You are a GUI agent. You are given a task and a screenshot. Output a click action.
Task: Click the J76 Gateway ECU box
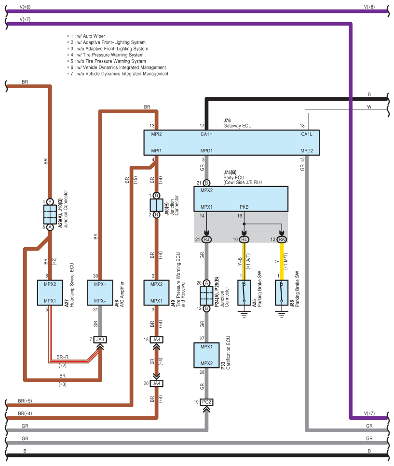pos(231,142)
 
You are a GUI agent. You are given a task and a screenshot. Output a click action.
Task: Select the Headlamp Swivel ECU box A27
pos(50,292)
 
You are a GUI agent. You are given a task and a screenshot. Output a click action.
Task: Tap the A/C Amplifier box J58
pos(100,292)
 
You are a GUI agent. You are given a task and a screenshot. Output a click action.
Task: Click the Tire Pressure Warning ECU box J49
pos(156,292)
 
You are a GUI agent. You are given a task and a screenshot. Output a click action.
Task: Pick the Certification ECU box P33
pos(206,355)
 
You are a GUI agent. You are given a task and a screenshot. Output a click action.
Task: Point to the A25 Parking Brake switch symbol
pos(245,292)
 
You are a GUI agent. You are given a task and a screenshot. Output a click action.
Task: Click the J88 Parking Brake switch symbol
pos(282,292)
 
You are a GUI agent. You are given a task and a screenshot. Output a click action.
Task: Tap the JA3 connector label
pos(100,339)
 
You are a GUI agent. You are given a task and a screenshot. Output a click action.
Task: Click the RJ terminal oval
pos(207,239)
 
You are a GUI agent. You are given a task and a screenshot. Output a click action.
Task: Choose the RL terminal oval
pos(245,239)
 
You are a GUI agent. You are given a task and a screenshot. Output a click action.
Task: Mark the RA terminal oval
pos(282,239)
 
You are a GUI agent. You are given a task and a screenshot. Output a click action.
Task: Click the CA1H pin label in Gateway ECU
pos(207,134)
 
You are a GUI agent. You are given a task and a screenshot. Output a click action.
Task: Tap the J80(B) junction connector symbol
pos(156,205)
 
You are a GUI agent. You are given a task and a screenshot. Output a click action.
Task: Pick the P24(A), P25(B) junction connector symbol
pos(206,295)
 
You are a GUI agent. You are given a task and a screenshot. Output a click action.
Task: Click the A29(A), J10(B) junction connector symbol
pos(50,214)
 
